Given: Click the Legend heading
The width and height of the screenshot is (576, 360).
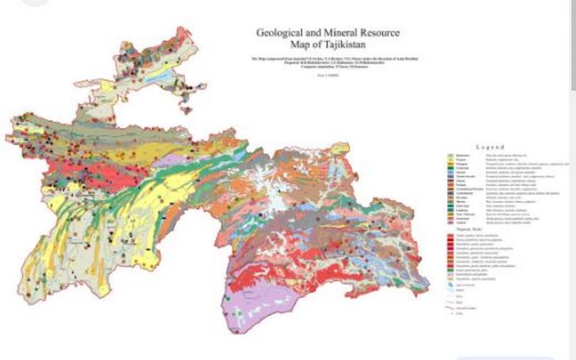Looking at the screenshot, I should click(x=489, y=147).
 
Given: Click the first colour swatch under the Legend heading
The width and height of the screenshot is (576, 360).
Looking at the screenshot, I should click(x=453, y=156).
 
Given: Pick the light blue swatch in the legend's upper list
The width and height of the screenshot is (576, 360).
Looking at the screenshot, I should click(x=453, y=171).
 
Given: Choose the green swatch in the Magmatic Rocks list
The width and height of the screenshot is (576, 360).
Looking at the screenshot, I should click(x=453, y=270).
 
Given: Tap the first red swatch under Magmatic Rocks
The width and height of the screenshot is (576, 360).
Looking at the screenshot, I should click(x=453, y=234).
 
